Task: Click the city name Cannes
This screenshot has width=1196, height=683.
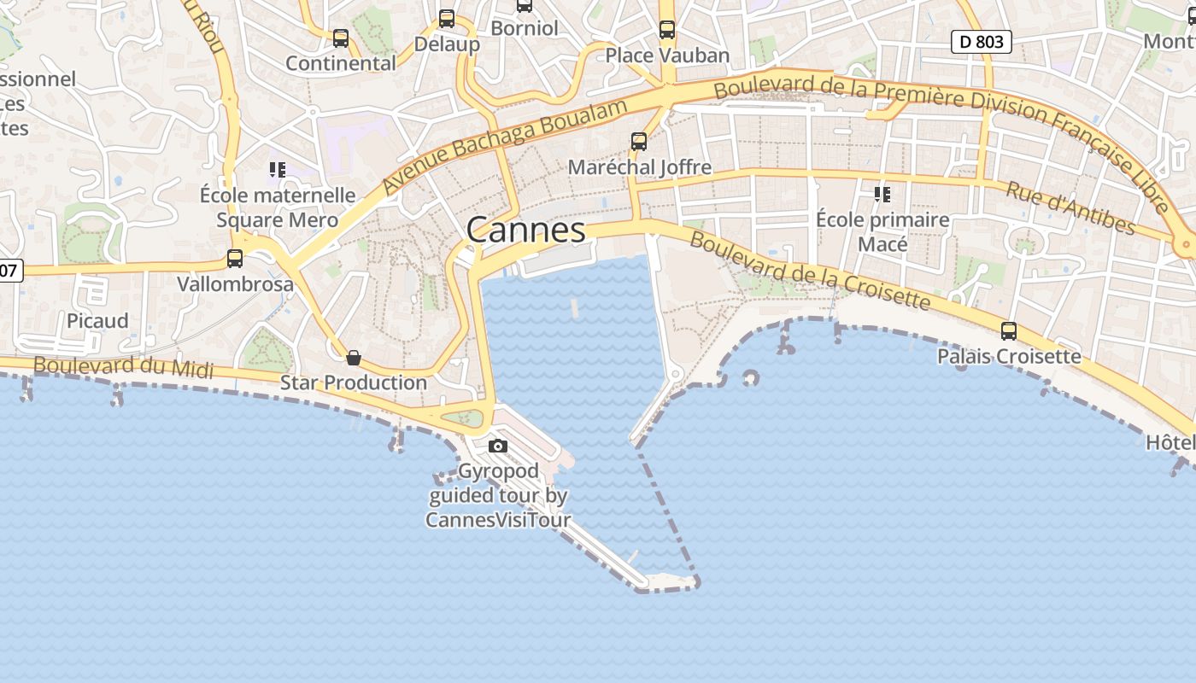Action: coord(526,230)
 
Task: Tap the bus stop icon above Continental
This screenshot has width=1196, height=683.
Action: coord(341,38)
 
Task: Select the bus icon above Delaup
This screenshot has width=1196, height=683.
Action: coord(447,19)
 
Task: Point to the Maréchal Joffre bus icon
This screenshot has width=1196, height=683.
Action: coord(639,142)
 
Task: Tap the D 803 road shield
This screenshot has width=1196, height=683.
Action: coord(982,41)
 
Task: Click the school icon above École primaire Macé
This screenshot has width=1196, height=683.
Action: coord(882,195)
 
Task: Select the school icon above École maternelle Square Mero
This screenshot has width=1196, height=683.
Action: coord(278,170)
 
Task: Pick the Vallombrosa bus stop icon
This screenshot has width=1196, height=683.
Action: coord(235,259)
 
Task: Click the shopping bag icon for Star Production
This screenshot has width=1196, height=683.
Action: coord(354,357)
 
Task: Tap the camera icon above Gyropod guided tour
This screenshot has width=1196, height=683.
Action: coord(498,446)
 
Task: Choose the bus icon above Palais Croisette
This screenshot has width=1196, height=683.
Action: coord(1009,331)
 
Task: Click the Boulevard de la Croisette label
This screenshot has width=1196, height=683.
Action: coord(809,271)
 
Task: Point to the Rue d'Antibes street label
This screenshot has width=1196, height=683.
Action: coord(1070,207)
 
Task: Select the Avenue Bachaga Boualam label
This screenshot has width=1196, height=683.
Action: coord(506,144)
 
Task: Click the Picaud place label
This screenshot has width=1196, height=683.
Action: coord(97,321)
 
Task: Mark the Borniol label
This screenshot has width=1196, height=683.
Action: coord(525,28)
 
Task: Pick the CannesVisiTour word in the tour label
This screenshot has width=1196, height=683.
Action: coord(498,519)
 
